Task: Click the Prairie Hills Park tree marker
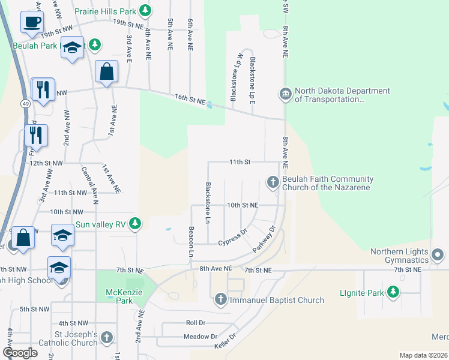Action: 145,11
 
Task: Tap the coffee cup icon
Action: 32,22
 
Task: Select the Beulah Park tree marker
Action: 94,45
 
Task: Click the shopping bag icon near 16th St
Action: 106,72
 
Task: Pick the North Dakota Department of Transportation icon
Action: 285,94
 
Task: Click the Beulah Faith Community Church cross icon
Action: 273,182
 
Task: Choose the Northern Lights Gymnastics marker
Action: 438,256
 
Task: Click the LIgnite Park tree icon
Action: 393,292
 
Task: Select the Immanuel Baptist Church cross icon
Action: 221,299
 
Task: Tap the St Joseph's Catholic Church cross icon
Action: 107,337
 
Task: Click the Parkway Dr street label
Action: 264,238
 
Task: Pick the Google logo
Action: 21,353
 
